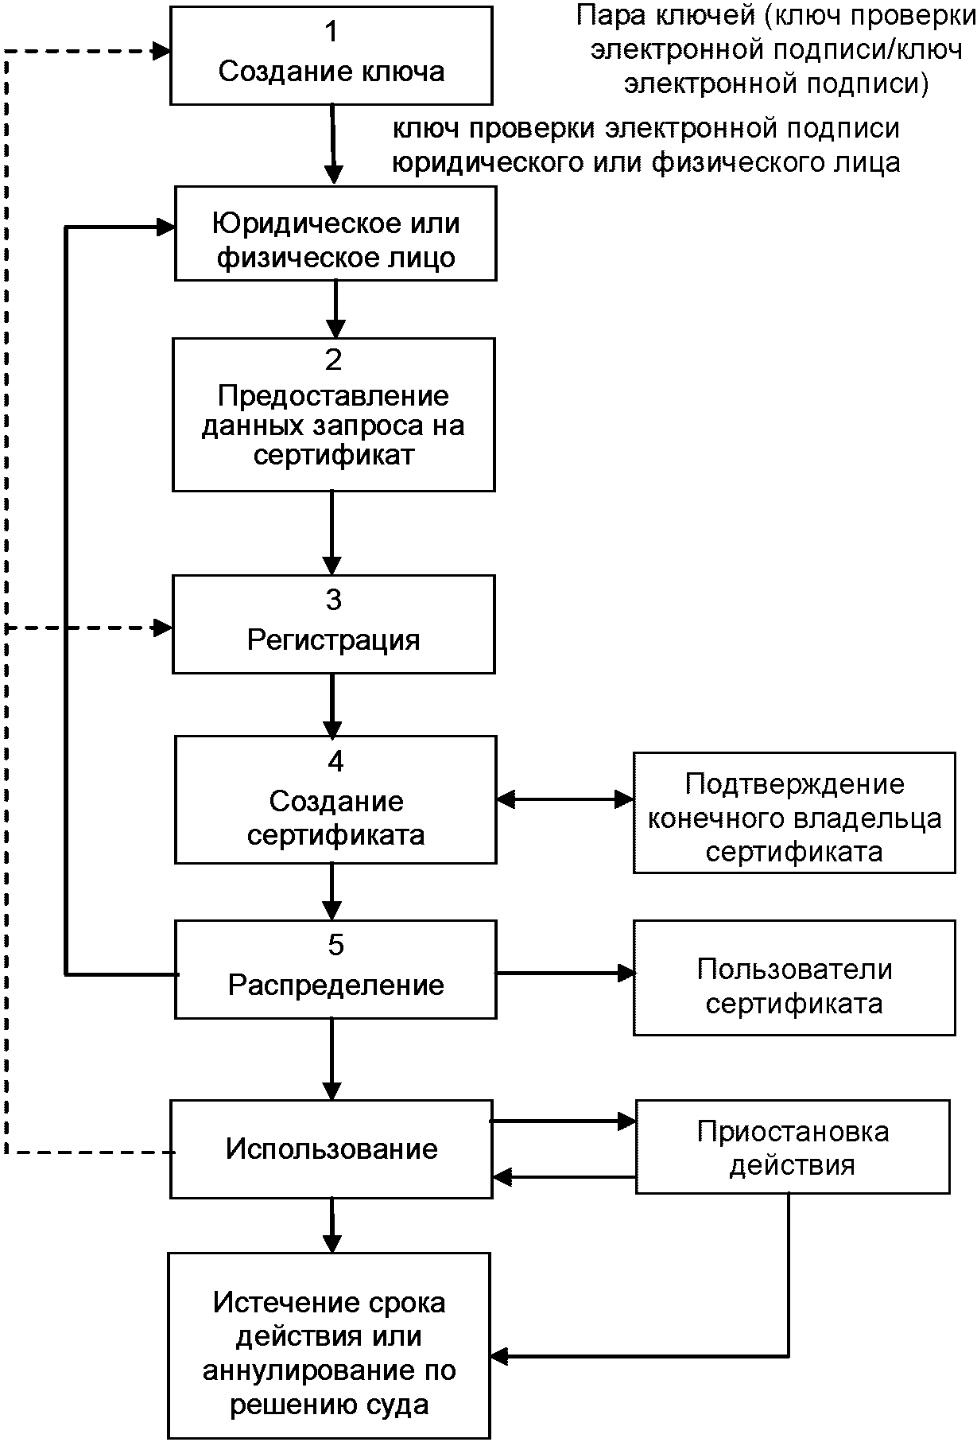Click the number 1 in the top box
point(331,32)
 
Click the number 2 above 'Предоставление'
point(334,360)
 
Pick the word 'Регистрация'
point(333,640)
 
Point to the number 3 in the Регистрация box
point(334,600)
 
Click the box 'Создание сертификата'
point(335,800)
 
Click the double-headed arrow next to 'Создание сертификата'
point(564,799)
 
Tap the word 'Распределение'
point(335,985)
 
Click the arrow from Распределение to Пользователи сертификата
point(565,973)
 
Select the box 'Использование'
point(331,1149)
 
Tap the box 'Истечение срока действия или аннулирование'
point(329,1343)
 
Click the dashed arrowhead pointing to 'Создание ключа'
point(162,52)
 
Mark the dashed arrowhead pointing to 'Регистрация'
point(164,628)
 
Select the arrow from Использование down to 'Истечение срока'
point(332,1225)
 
